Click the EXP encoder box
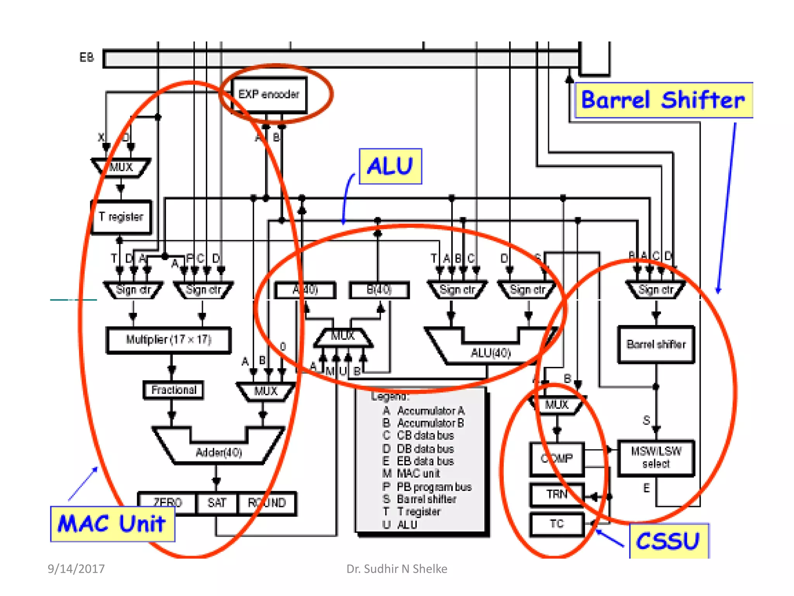[269, 95]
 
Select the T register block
[121, 217]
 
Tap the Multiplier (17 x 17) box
[169, 340]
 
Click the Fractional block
[173, 390]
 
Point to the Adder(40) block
[219, 452]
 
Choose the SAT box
[216, 503]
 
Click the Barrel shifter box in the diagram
[656, 344]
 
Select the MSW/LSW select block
[656, 457]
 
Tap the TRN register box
[557, 494]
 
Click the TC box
[557, 524]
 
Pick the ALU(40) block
[490, 353]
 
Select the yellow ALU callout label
[390, 166]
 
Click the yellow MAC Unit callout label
[112, 524]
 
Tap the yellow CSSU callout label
[669, 541]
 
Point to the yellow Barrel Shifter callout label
[663, 100]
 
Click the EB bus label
[86, 58]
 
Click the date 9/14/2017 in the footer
[76, 569]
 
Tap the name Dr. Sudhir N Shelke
[397, 569]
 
